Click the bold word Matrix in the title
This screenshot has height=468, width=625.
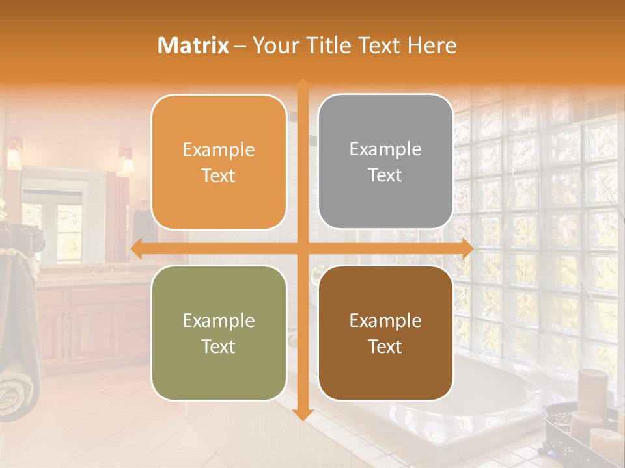[193, 45]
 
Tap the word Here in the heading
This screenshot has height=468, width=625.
[432, 45]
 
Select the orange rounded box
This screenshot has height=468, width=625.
[219, 162]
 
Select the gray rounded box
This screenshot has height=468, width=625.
[385, 162]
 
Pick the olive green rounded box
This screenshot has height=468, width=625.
[219, 333]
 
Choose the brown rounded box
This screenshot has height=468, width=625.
[385, 333]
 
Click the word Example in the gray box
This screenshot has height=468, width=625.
[385, 149]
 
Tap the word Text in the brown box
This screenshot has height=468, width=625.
[385, 346]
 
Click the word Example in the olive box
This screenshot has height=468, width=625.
[219, 320]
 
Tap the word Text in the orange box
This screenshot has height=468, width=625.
[219, 175]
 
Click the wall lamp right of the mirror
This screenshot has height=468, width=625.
[125, 164]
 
